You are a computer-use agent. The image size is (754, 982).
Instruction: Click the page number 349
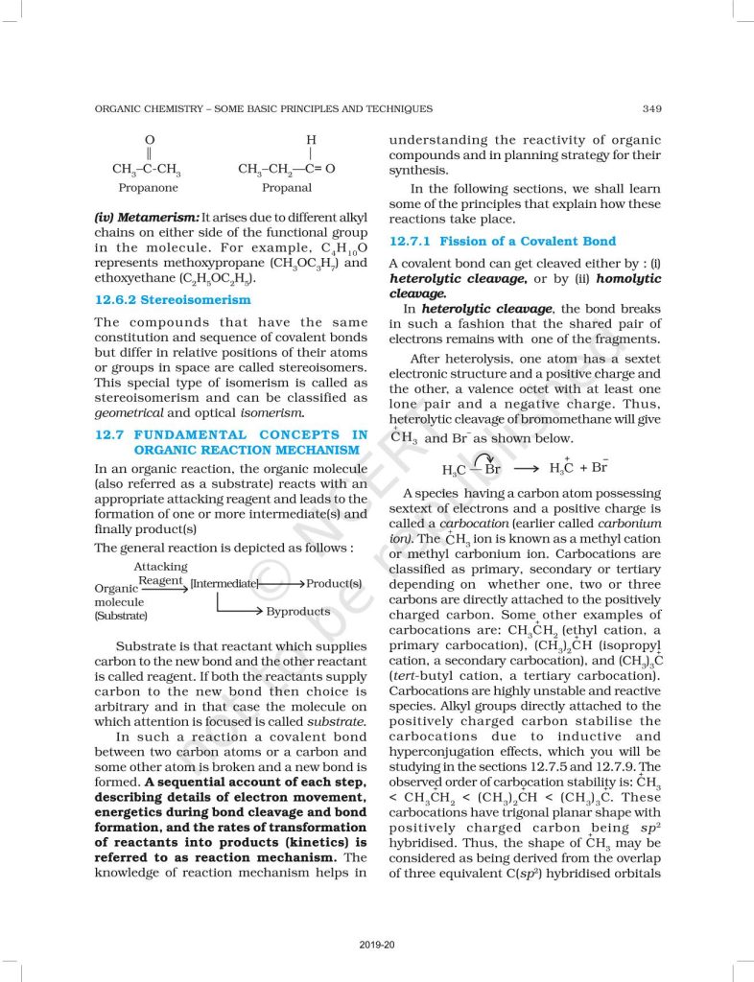(x=649, y=108)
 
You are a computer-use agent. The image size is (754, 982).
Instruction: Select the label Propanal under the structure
(x=287, y=188)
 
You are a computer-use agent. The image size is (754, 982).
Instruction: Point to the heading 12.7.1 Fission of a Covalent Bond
(x=502, y=241)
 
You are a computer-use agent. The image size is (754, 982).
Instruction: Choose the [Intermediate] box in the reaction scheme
(x=224, y=583)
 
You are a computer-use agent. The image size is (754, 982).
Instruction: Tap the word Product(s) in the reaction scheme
(x=334, y=583)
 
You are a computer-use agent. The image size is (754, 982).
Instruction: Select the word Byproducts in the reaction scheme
(x=298, y=611)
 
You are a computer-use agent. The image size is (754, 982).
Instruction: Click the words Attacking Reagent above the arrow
(x=161, y=573)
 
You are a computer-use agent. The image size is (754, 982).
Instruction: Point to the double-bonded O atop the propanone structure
(x=149, y=140)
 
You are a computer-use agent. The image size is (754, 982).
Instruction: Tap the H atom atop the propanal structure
(x=310, y=140)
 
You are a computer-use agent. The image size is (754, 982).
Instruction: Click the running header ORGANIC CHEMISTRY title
(x=263, y=108)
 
